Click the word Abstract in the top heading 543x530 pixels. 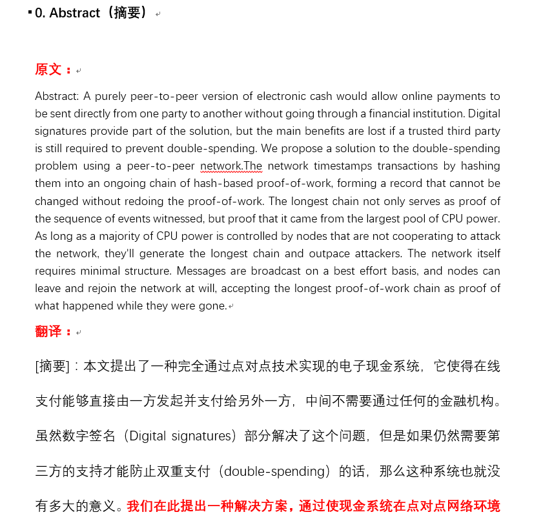75,13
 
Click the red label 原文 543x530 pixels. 49,70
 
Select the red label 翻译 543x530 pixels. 49,331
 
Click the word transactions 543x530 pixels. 410,166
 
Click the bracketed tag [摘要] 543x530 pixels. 52,367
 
